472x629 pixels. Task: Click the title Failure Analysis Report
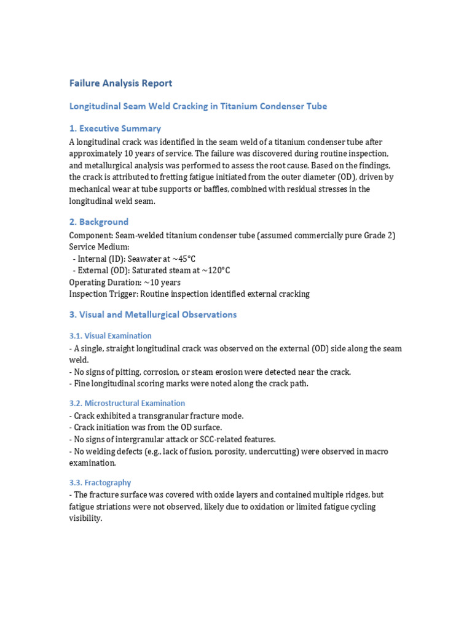(x=120, y=83)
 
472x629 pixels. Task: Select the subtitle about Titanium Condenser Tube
(x=198, y=106)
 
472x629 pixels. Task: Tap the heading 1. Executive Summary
(x=115, y=128)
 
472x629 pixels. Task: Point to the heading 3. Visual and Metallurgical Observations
(x=152, y=314)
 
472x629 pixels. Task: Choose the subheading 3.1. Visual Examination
(x=110, y=336)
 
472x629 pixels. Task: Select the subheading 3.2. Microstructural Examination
(x=127, y=404)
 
